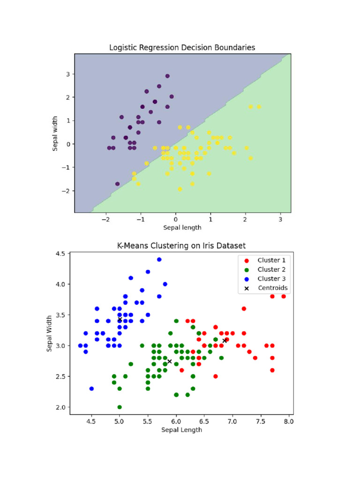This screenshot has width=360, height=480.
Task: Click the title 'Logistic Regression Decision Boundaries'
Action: coord(182,47)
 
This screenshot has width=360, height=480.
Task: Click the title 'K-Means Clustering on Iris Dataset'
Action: coord(181,246)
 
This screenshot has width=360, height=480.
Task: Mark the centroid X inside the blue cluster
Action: coord(120,320)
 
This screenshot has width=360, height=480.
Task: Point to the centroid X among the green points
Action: coord(169,361)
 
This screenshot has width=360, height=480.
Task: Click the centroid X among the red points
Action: coord(225,341)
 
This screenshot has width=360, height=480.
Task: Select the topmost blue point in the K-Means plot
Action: coord(159,259)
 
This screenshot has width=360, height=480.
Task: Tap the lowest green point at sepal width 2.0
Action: coord(120,407)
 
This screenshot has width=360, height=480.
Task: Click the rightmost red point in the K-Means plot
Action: coord(283,296)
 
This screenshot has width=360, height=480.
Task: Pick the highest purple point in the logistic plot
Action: coord(167,76)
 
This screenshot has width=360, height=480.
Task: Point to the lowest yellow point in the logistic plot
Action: coord(180,189)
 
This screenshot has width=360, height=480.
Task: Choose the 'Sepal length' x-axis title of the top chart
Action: coord(182,228)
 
